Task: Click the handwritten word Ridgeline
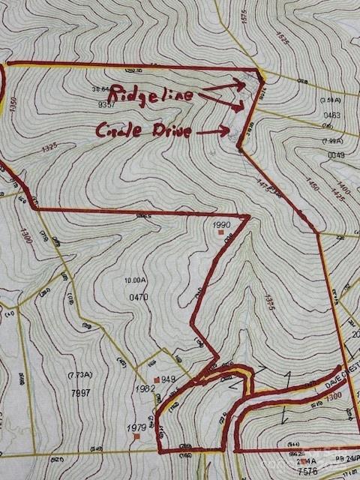pos(151,95)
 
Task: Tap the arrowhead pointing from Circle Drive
pos(226,130)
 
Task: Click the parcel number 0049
pos(335,155)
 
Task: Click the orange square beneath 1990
pos(220,233)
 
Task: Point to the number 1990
pos(220,224)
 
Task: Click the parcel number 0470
pos(138,297)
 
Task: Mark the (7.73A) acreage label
pos(78,375)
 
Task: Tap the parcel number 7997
pos(80,392)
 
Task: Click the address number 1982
pos(145,389)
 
